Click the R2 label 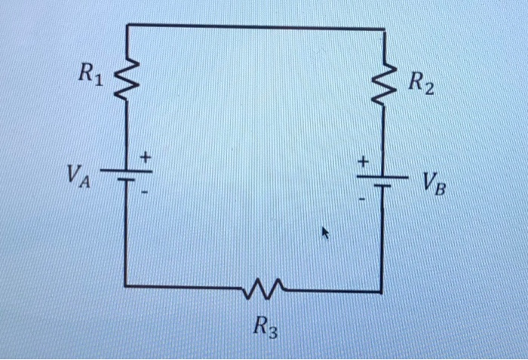pyautogui.click(x=422, y=84)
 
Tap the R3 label pyautogui.click(x=264, y=328)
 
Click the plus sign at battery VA pyautogui.click(x=147, y=157)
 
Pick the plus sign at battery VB pyautogui.click(x=363, y=161)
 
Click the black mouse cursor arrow pyautogui.click(x=326, y=234)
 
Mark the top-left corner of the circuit pyautogui.click(x=126, y=25)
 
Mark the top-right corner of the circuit pyautogui.click(x=385, y=29)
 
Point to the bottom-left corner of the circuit pyautogui.click(x=125, y=286)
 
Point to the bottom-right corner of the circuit pyautogui.click(x=382, y=291)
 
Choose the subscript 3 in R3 pyautogui.click(x=272, y=331)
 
